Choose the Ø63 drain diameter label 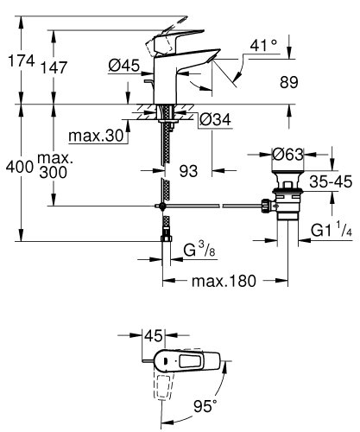coord(284,156)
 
